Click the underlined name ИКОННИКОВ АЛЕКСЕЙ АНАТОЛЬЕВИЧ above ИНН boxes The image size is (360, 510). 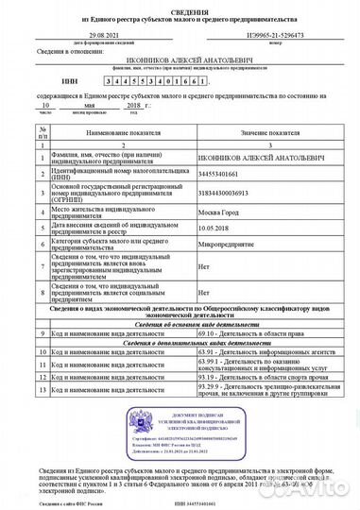click(x=179, y=58)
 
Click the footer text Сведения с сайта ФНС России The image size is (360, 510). click(x=57, y=503)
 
